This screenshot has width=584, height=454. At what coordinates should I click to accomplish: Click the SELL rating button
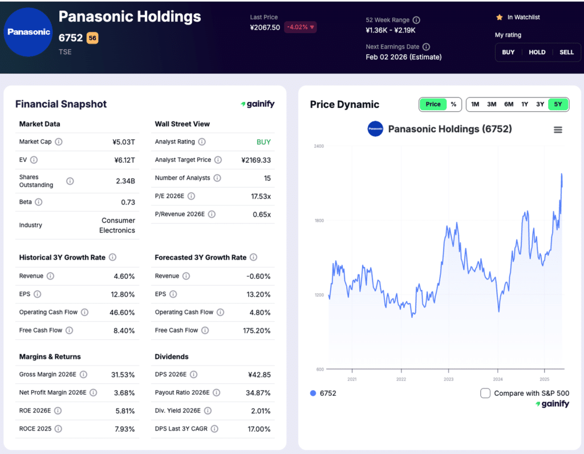566,52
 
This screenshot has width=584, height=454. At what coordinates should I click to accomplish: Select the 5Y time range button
557,104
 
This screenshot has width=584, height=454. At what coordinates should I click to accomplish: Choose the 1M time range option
474,104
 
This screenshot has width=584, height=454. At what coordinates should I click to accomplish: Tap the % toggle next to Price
453,104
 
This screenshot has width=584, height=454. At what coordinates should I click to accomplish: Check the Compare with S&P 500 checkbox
485,393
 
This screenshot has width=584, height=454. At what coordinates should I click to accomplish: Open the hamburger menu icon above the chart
558,130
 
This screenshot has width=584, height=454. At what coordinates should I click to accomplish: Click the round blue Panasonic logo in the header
29,32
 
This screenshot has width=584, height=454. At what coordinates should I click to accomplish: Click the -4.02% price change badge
300,27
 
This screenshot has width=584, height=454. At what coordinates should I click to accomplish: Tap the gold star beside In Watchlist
499,18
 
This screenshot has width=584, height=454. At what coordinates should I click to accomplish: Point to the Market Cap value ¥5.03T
124,142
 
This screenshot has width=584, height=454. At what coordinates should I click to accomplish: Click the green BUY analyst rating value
263,142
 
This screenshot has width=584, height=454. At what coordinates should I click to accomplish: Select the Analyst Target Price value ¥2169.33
256,160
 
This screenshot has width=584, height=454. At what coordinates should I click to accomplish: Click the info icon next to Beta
38,202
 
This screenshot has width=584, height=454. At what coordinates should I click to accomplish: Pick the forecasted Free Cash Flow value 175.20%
256,330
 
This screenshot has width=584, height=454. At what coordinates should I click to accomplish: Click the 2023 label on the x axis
449,379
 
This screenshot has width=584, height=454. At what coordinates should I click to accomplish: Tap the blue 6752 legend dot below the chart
313,393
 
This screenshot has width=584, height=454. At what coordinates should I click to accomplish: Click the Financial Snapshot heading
61,104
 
